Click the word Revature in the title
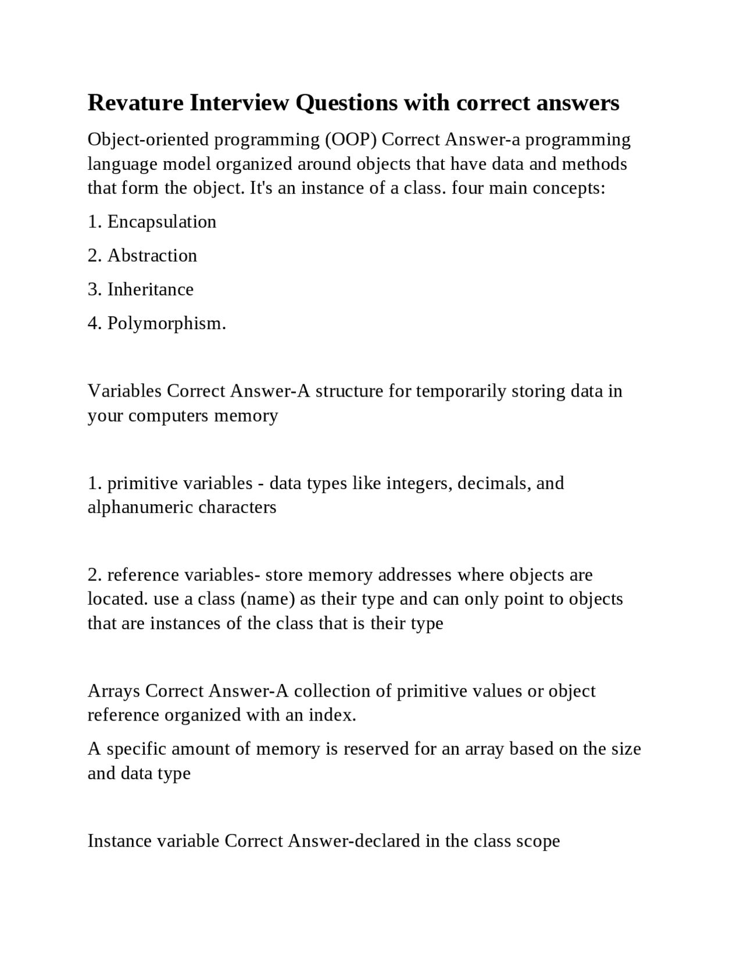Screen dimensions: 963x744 (x=135, y=103)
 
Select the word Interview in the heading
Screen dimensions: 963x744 (x=239, y=103)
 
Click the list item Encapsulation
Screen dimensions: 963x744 (x=162, y=222)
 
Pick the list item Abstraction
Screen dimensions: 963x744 (x=152, y=255)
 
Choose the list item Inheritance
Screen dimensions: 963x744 (x=150, y=289)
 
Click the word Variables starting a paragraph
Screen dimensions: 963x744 (x=124, y=391)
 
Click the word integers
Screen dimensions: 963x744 (x=419, y=483)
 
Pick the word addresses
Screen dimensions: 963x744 (x=414, y=575)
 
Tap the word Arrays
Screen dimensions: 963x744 (x=114, y=691)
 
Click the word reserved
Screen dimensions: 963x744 (x=376, y=748)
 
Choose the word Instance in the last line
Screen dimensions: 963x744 (x=120, y=841)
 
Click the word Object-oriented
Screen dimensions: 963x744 (x=148, y=140)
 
